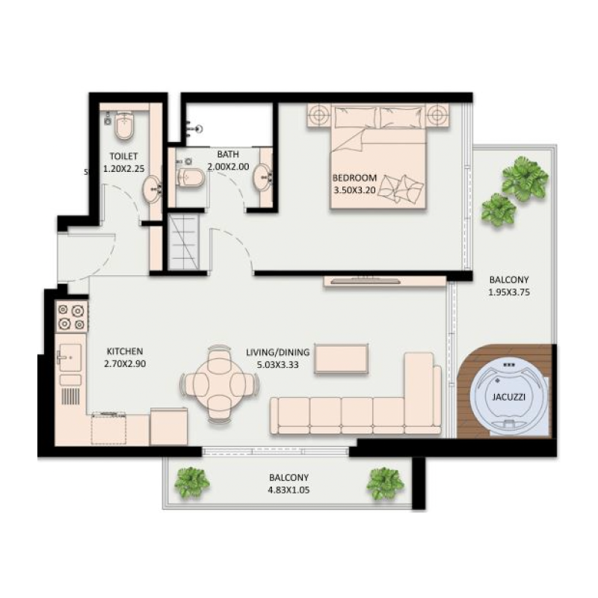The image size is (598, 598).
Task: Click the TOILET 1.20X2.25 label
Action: [x=124, y=162]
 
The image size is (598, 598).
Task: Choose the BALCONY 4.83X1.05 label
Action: [x=289, y=483]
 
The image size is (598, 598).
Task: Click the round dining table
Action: [x=220, y=384]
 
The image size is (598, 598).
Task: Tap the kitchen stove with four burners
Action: [x=72, y=317]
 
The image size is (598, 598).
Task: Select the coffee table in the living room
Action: [x=342, y=359]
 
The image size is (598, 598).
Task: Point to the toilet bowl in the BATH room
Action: [x=189, y=178]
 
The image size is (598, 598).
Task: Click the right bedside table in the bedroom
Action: [x=437, y=116]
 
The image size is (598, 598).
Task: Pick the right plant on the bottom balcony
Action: [x=385, y=483]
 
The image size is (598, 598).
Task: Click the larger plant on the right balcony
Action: [x=525, y=178]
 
